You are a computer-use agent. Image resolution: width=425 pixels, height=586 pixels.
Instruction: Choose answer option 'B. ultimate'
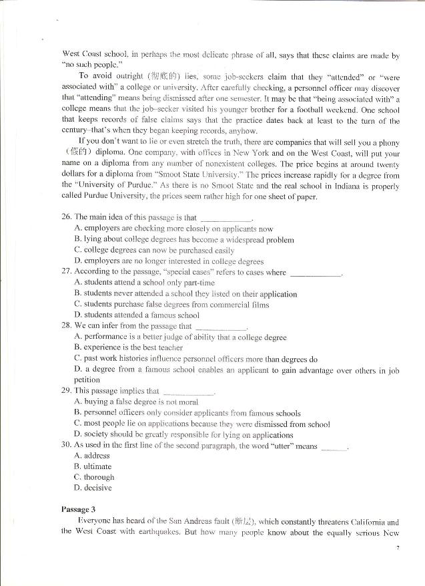coord(93,466)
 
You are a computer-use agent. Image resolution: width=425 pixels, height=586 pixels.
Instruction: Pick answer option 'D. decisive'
coord(93,488)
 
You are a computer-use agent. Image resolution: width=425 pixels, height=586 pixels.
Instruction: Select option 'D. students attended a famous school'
coord(137,315)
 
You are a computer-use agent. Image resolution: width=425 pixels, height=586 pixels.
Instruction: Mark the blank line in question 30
coord(334,447)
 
